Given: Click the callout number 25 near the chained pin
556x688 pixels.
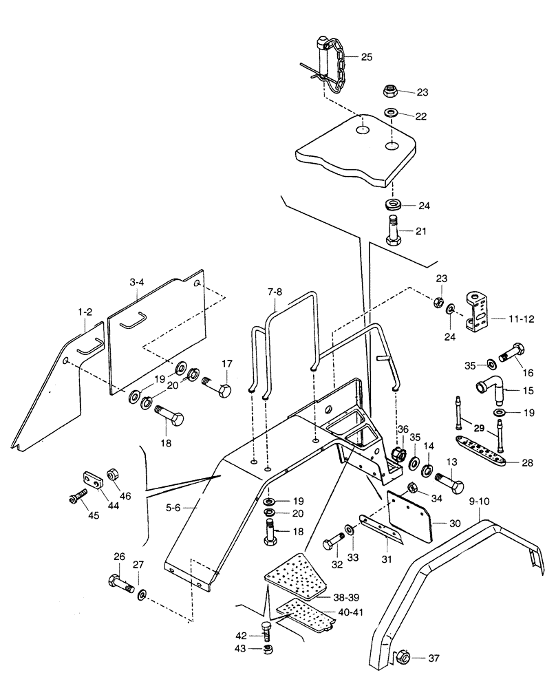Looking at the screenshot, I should click(x=366, y=57).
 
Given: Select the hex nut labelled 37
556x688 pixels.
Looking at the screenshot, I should click(x=405, y=658).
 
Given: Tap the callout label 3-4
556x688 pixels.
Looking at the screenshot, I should click(x=136, y=282).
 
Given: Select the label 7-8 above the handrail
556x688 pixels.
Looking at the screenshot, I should click(x=275, y=292).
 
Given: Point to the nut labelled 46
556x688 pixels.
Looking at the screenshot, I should click(x=114, y=475).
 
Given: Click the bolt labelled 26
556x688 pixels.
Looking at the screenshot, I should click(x=122, y=583).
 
